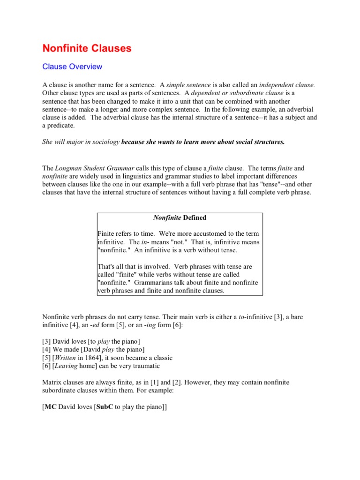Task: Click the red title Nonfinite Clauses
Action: point(87,48)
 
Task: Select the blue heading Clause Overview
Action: point(72,67)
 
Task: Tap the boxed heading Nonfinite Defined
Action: point(180,217)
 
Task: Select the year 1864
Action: point(98,358)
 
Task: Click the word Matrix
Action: point(53,382)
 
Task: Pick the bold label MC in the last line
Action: point(51,407)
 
